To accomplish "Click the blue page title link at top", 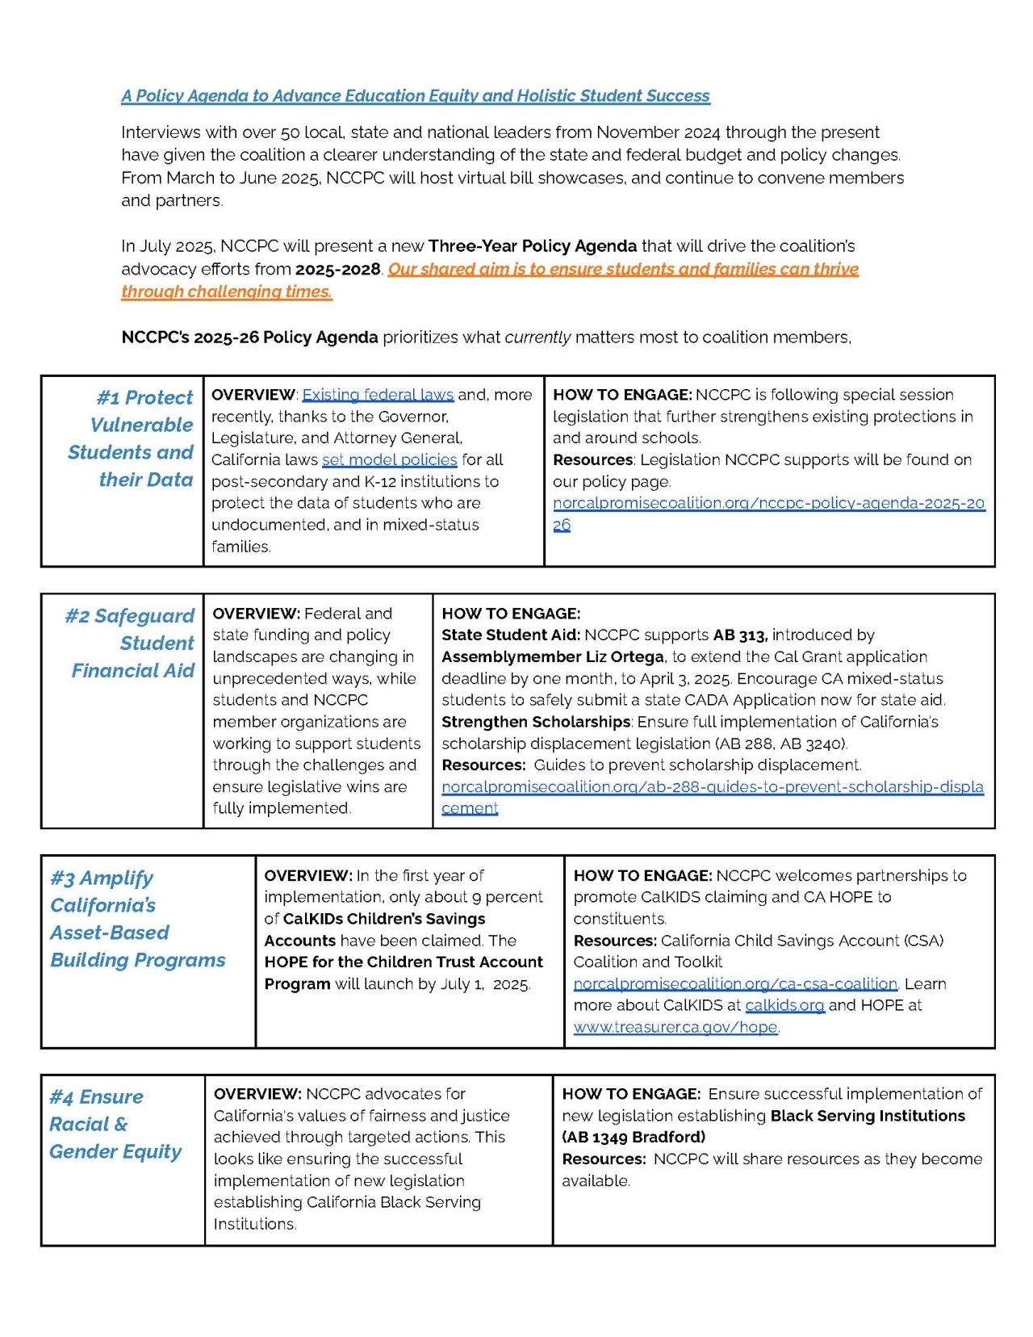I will [415, 96].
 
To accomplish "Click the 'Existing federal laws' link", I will [377, 395].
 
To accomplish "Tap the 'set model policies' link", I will [389, 460].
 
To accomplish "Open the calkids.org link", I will [784, 1006].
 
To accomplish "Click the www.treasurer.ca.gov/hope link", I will [675, 1028].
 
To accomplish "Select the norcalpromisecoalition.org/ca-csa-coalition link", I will [734, 984].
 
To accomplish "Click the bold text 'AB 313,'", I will [740, 635].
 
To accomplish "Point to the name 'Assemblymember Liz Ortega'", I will [553, 657].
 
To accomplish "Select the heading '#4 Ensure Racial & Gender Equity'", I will [115, 1125].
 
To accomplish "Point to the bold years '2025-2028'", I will [338, 270].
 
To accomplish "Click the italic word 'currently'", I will [537, 337].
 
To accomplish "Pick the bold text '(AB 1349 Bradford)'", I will [633, 1138].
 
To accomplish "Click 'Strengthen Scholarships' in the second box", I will [535, 722].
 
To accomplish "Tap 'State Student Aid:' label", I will [510, 635].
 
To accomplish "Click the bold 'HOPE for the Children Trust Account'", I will [403, 962].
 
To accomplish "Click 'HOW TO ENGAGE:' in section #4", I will [630, 1094].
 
